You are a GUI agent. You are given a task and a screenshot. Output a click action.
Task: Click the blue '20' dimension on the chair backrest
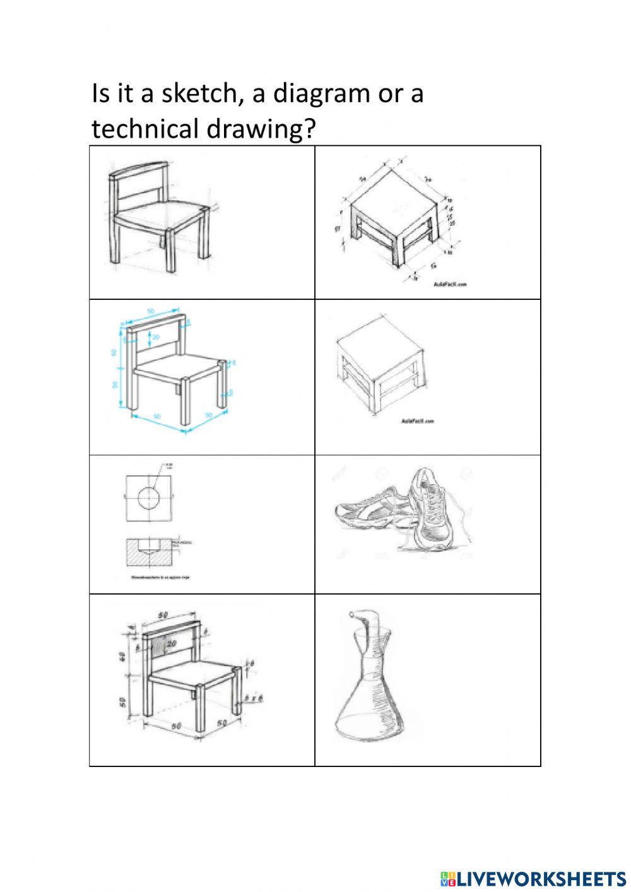coord(155,338)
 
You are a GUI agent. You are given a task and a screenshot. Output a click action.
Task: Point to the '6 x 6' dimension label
coord(252,699)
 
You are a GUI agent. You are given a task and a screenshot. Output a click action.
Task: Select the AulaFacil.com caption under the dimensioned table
coord(450,285)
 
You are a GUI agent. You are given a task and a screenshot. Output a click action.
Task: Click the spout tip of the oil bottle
coord(351,613)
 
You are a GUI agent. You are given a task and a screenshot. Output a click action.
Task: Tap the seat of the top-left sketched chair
coord(161,217)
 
